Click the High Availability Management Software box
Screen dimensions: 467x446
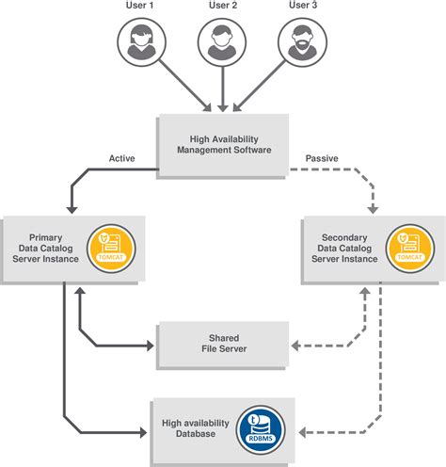(x=221, y=144)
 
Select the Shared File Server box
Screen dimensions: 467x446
(x=221, y=345)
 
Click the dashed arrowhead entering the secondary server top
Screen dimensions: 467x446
(x=374, y=209)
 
